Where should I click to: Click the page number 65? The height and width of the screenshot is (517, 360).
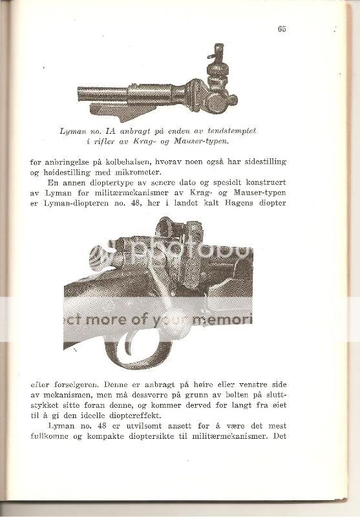tap(282, 28)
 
